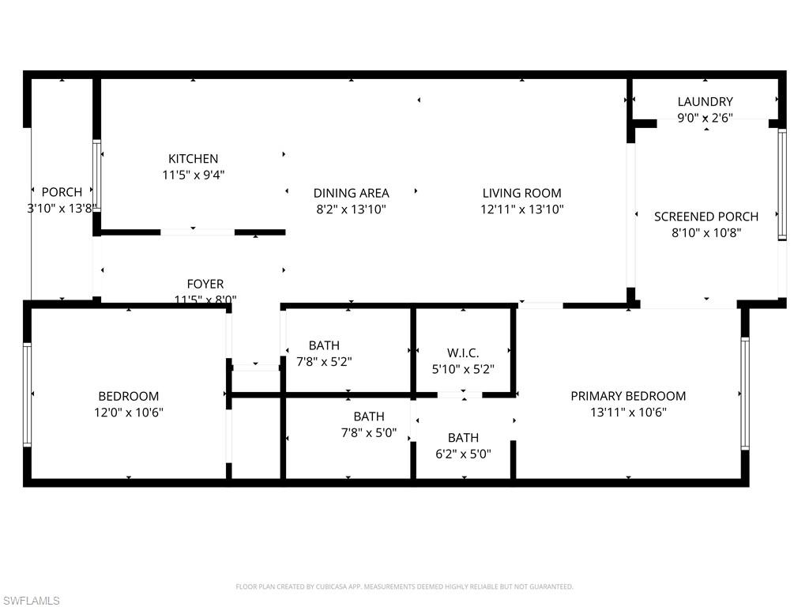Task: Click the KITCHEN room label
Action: (193, 159)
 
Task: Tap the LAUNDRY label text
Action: (705, 102)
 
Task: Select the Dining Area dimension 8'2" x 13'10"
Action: (351, 209)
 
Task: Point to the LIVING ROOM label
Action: (521, 193)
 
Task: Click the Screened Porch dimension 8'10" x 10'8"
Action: (706, 233)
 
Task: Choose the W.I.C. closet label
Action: (463, 353)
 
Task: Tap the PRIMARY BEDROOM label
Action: (628, 396)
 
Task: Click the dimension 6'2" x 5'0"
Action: (463, 454)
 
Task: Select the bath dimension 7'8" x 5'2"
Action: (324, 362)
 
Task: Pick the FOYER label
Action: (205, 284)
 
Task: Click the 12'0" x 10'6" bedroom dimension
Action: (128, 413)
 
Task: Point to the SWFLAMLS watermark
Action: (31, 601)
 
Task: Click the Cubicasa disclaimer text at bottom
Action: (404, 586)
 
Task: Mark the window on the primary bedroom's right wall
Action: (744, 393)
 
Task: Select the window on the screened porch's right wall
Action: (781, 183)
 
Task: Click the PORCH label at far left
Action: (62, 192)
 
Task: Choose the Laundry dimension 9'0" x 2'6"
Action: (705, 119)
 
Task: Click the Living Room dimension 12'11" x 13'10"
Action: (521, 209)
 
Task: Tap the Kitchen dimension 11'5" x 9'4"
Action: (193, 175)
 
